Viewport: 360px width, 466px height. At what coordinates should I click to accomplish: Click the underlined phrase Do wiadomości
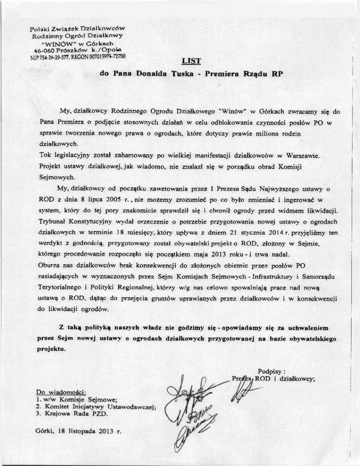tap(60, 391)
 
